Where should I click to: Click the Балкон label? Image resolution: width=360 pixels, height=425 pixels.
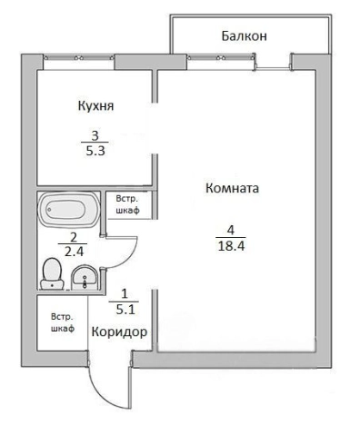[x=245, y=36]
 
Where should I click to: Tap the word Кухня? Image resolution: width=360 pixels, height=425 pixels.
[x=95, y=106]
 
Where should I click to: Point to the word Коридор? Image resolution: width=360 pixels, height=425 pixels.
[x=119, y=332]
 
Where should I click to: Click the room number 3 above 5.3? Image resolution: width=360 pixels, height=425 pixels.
[x=94, y=135]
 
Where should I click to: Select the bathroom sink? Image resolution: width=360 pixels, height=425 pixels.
[x=85, y=275]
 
